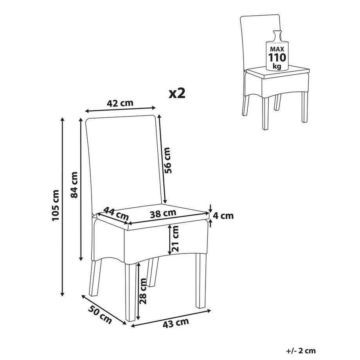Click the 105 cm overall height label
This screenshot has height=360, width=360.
pos(56,205)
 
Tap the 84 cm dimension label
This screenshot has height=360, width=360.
pos(74,185)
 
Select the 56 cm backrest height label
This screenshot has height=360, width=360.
pos(167,160)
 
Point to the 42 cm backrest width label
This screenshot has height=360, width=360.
pos(120,103)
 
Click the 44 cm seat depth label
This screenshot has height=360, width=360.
pos(116,213)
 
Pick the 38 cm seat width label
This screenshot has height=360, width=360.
pos(163,214)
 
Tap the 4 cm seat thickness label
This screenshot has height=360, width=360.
pos(223,216)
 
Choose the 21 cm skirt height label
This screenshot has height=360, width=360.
pos(175,239)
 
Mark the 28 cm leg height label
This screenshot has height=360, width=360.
pos(142,291)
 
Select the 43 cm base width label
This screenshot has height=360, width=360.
pos(176,323)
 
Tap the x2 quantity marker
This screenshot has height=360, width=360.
pos(177,94)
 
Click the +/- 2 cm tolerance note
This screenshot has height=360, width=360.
pos(301,351)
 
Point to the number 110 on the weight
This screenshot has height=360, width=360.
pos(277,58)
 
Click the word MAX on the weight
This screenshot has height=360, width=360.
pos(277,49)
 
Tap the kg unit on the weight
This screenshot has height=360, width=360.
pos(277,67)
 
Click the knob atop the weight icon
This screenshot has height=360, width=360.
pos(277,36)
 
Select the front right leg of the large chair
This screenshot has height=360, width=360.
pos(201,281)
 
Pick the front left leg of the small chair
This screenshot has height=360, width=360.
pos(265,114)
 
